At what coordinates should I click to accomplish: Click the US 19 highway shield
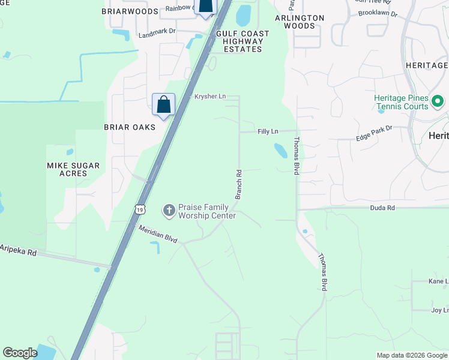(x=140, y=209)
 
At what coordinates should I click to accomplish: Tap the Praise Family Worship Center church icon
(x=169, y=210)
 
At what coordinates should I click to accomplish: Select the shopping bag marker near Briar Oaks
(x=163, y=104)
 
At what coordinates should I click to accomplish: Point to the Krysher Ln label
(x=209, y=96)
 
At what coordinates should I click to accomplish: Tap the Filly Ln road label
(x=268, y=131)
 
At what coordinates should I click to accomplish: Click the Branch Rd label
(x=238, y=184)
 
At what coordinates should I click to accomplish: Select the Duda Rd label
(x=382, y=208)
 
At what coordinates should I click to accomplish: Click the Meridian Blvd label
(x=158, y=234)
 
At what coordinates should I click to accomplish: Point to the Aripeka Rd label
(x=18, y=250)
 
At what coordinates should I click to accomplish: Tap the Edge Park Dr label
(x=373, y=133)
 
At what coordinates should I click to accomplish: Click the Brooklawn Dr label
(x=378, y=13)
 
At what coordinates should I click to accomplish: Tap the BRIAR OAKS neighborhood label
(x=130, y=127)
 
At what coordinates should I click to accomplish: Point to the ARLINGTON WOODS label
(x=299, y=22)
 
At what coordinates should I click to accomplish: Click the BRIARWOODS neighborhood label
(x=130, y=11)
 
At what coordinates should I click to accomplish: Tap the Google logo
(x=20, y=353)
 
